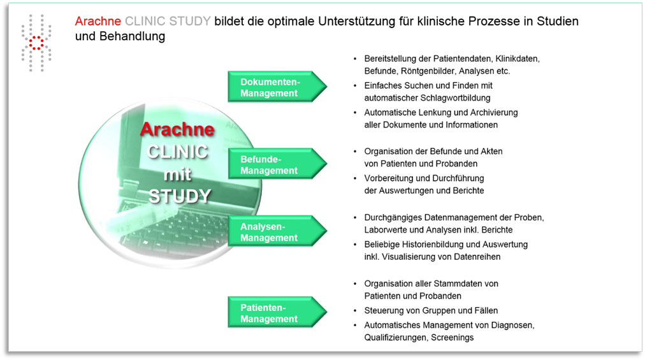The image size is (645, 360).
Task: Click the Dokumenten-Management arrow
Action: click(278, 87)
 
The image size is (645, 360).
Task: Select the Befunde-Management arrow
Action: click(278, 164)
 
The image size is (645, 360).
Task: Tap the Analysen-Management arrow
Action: click(278, 231)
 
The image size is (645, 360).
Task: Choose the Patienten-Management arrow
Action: click(278, 312)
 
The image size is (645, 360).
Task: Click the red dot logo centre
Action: click(36, 43)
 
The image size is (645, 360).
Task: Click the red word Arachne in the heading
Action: click(98, 21)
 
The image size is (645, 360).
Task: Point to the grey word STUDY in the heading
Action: click(190, 21)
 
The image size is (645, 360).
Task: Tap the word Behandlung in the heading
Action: click(132, 36)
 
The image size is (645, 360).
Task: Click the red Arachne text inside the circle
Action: click(177, 129)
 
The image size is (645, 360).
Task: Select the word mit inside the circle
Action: click(177, 174)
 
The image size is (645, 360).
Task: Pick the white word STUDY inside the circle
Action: click(180, 196)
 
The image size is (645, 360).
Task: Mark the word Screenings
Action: click(453, 337)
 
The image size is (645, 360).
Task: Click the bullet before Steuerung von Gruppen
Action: click(356, 311)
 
